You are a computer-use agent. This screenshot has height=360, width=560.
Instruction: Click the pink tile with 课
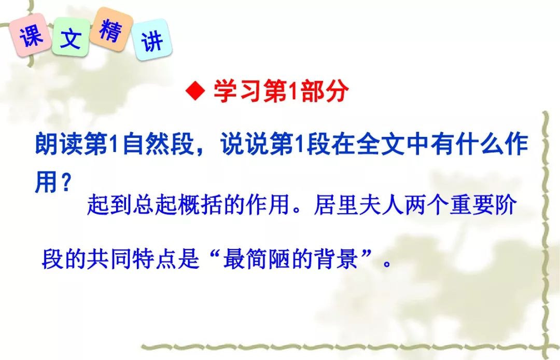click(x=30, y=35)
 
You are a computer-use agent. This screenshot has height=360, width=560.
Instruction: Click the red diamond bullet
click(x=195, y=91)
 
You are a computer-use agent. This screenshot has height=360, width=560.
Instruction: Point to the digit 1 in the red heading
click(x=293, y=91)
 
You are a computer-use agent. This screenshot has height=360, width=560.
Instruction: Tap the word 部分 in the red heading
click(x=324, y=91)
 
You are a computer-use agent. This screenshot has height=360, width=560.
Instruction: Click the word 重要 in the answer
click(x=471, y=205)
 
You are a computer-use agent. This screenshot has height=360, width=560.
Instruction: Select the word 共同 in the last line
click(x=109, y=258)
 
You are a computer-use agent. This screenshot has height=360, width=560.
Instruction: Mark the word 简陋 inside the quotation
click(x=268, y=258)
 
